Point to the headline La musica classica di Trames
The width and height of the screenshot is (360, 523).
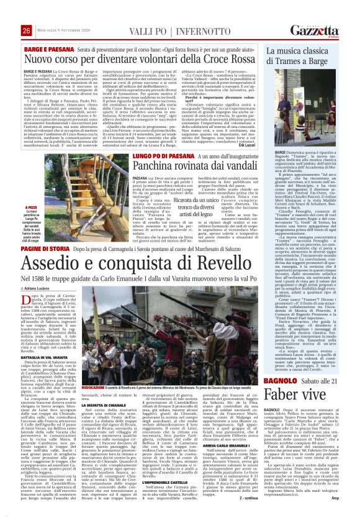pos(307,57)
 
